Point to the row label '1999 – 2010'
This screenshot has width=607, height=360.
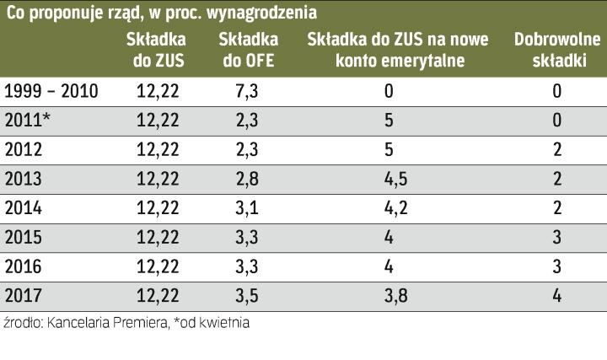pyautogui.click(x=51, y=91)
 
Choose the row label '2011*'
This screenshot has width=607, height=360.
pyautogui.click(x=29, y=121)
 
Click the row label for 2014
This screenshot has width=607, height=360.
pyautogui.click(x=24, y=207)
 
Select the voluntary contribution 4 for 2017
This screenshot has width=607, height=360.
pyautogui.click(x=557, y=295)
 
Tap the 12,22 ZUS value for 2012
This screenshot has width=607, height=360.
pyautogui.click(x=158, y=149)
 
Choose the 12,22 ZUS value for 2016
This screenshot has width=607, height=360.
pyautogui.click(x=158, y=266)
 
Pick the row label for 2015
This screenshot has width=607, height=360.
pyautogui.click(x=24, y=237)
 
